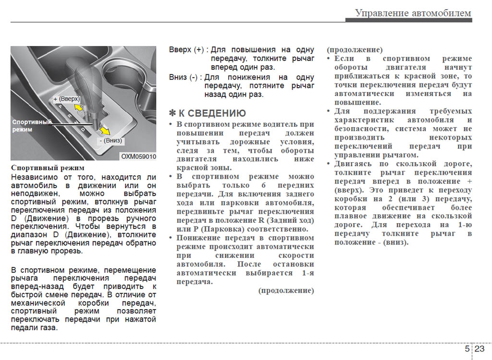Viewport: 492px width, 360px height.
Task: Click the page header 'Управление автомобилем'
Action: pyautogui.click(x=413, y=13)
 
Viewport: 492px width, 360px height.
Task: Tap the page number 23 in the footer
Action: pyautogui.click(x=480, y=349)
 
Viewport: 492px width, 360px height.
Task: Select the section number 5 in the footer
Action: pyautogui.click(x=467, y=349)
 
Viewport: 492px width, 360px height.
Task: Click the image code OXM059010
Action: pyautogui.click(x=138, y=156)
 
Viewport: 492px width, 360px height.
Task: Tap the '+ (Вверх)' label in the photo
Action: pyautogui.click(x=66, y=98)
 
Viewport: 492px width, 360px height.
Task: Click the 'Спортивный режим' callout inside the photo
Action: pyautogui.click(x=31, y=126)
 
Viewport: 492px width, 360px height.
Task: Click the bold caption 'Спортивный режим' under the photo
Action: pyautogui.click(x=48, y=168)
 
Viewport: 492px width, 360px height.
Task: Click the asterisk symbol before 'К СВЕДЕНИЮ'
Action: pyautogui.click(x=172, y=113)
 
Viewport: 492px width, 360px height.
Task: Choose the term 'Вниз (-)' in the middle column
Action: pyautogui.click(x=183, y=77)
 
